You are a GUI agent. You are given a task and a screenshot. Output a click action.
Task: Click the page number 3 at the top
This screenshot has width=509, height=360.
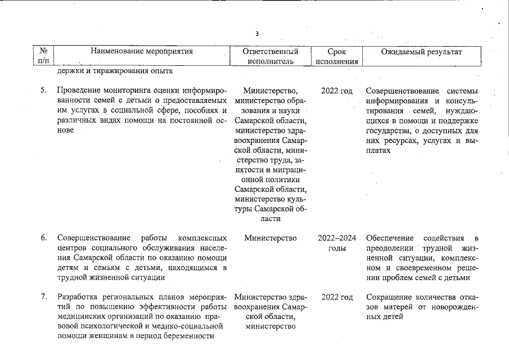257,34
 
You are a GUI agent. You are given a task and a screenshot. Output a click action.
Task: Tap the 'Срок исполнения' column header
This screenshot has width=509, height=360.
336,56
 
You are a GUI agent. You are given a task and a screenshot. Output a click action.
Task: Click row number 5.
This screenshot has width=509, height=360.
43,91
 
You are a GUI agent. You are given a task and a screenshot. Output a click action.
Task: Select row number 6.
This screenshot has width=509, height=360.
43,238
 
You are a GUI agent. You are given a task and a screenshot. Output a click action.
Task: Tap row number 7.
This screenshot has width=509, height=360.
43,297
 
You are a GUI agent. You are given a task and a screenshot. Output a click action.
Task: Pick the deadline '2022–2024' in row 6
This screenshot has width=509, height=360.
336,238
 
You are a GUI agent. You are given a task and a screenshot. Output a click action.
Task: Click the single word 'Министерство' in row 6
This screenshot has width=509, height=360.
271,238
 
